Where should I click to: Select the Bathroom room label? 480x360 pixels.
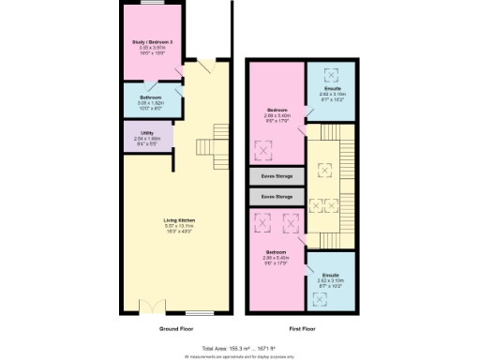click(x=151, y=97)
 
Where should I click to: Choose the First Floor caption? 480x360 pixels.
click(x=302, y=329)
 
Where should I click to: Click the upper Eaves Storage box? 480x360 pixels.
click(x=276, y=176)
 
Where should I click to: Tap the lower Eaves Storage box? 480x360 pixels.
click(x=276, y=197)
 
